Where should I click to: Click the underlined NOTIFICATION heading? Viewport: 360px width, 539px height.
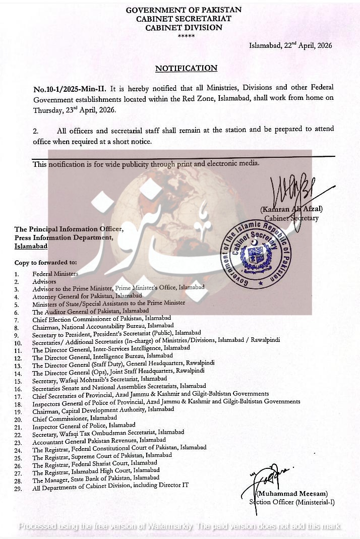coord(186,68)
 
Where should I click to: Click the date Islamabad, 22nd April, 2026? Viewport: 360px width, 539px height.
coord(290,45)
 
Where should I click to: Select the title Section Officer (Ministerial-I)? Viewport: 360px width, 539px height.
coord(291,502)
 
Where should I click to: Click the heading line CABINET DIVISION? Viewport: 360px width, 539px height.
coord(184,28)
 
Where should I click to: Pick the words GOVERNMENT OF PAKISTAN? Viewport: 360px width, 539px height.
coord(184,10)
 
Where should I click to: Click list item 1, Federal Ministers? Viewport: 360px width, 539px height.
coord(55,274)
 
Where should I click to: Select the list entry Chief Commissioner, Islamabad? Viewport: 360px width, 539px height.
coord(75,418)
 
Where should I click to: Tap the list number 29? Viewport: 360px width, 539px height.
coord(18,488)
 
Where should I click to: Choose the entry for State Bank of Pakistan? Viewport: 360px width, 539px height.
coord(96,479)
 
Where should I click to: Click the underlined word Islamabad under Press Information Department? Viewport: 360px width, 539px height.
coord(31,246)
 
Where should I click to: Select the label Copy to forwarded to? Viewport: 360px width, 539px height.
coord(46,263)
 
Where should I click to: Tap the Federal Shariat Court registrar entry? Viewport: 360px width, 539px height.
coord(94,464)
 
